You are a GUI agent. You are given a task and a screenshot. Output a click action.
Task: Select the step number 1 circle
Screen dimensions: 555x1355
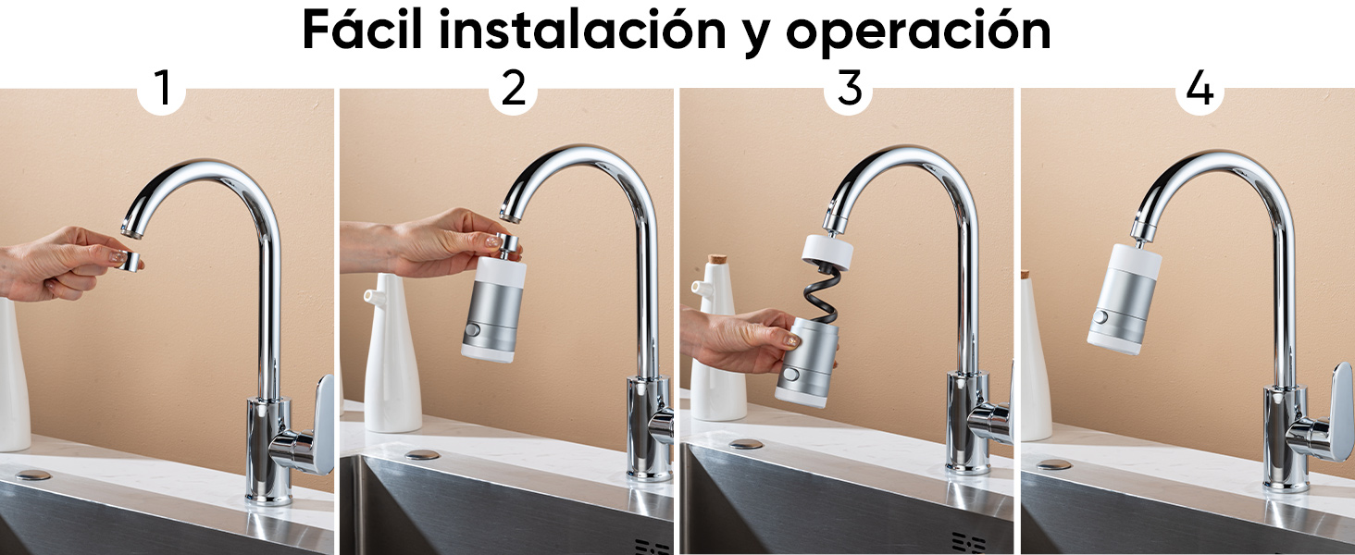coord(163,90)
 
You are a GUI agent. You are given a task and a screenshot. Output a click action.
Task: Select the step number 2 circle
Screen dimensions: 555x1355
coord(513,90)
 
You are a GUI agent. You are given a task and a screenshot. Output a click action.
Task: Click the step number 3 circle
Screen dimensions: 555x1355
coord(849,90)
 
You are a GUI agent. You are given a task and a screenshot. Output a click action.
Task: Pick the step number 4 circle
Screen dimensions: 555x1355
coord(1199,90)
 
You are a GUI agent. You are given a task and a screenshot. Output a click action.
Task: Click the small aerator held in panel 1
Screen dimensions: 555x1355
coord(132,261)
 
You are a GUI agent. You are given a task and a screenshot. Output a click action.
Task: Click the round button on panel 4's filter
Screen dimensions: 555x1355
coord(1100,317)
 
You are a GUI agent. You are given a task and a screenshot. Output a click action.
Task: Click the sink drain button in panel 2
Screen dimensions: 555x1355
coord(422,456)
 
